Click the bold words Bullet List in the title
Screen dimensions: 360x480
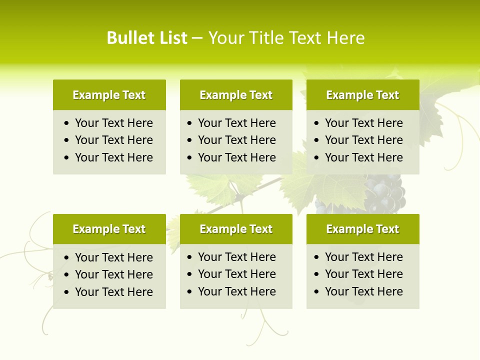(x=147, y=38)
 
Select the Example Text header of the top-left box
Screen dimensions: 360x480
(x=109, y=95)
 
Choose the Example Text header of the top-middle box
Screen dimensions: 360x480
(x=236, y=95)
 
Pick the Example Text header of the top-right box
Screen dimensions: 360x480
(x=362, y=95)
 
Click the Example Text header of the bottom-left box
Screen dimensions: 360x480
(x=109, y=229)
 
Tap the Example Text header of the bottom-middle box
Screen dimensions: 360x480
(x=236, y=229)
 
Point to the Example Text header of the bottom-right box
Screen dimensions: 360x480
(x=362, y=229)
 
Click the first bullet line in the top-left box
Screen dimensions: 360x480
(x=113, y=123)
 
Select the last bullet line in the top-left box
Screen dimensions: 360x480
(x=113, y=157)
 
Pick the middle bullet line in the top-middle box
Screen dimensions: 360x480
(x=236, y=140)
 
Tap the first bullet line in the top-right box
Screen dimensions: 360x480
(x=363, y=123)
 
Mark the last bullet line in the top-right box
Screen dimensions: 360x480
(x=363, y=157)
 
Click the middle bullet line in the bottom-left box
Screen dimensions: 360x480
(x=113, y=274)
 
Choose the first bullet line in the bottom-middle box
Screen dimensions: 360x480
(x=236, y=257)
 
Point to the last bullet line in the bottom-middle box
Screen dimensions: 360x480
(x=236, y=291)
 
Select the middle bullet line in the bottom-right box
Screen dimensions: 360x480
(x=363, y=274)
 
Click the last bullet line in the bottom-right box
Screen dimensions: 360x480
(x=363, y=291)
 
